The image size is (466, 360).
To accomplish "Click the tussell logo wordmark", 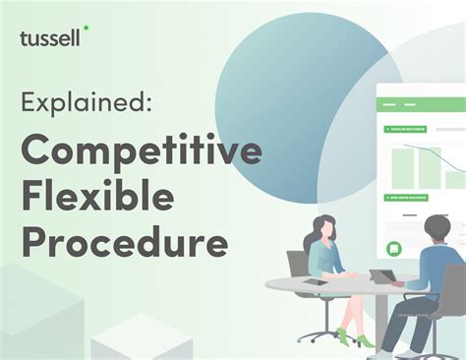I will point(50,38).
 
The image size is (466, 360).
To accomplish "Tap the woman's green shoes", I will point(364,341).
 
